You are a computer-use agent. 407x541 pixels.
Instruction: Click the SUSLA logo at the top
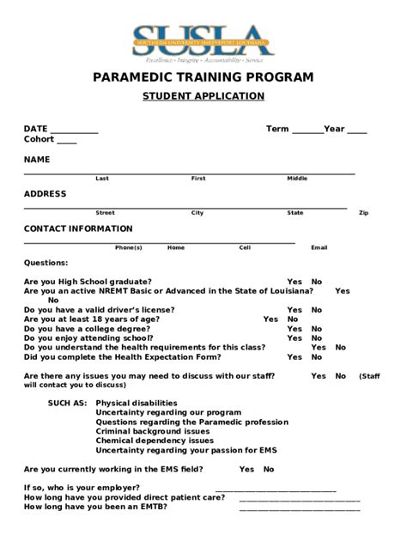click(203, 40)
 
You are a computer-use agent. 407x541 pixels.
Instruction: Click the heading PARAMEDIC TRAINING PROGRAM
click(203, 77)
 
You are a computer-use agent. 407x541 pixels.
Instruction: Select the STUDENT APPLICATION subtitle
click(203, 96)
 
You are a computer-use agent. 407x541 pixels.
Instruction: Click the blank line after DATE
click(75, 131)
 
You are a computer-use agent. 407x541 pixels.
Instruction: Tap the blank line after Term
click(307, 131)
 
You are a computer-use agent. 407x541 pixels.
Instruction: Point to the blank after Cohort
click(67, 141)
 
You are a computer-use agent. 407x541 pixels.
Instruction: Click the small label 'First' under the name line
click(198, 179)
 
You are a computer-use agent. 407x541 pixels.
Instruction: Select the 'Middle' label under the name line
click(297, 179)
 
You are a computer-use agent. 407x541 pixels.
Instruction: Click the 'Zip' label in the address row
click(363, 213)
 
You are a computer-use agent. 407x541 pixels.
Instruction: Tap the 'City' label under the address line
click(197, 213)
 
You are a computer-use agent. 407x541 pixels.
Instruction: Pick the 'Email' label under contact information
click(319, 247)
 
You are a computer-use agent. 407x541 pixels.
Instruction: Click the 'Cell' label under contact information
click(245, 247)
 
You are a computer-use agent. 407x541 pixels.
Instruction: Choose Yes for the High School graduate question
click(295, 282)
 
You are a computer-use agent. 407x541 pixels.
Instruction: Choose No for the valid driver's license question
click(317, 310)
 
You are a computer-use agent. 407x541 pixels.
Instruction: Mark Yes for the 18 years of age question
click(270, 319)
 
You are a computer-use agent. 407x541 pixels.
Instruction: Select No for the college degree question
click(317, 329)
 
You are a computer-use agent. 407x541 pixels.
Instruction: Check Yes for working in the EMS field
click(247, 470)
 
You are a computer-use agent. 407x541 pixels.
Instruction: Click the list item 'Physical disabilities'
click(137, 403)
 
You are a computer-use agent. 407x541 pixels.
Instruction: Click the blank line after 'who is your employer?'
click(275, 489)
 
